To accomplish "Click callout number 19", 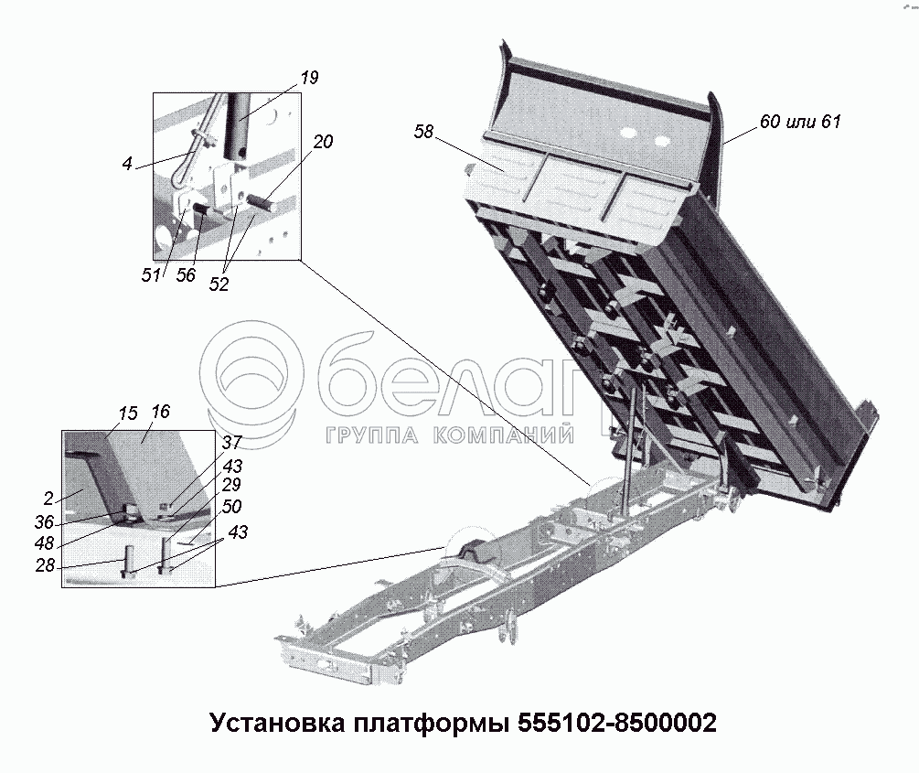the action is coord(309,78).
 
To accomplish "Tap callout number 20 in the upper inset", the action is coord(323,142).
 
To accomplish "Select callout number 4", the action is coord(127,164).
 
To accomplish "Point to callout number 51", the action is coord(151,275).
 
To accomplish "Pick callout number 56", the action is coord(186,275).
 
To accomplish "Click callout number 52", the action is coord(219,285).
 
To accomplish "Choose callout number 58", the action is coord(423,132).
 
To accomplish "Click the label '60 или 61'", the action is coord(800,122).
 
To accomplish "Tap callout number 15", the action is coord(128,413).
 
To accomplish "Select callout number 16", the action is coord(160,412).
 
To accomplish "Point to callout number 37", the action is coord(232,442).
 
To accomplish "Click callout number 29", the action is coord(231,485).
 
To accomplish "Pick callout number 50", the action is coord(232,507).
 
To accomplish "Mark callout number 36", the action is coord(44,522).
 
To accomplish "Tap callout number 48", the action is coord(44,543).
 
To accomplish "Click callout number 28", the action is coord(45,566).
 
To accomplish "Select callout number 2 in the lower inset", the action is coord(48,499).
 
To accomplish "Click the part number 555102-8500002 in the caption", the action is coord(616,724).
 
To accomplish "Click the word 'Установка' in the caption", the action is coord(277,724).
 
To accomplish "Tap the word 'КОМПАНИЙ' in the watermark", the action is coord(504,435).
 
